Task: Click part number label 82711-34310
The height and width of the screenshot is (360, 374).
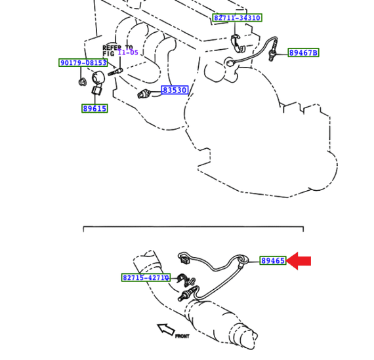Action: tap(237, 18)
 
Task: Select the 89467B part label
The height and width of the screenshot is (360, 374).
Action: tap(303, 52)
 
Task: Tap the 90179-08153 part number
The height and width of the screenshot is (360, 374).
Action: tap(83, 63)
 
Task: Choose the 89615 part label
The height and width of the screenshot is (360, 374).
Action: tap(94, 108)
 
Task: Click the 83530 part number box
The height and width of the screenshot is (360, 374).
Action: tap(175, 90)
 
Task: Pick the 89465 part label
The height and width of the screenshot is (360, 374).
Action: tap(273, 260)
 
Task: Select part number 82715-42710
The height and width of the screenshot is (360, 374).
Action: tap(146, 277)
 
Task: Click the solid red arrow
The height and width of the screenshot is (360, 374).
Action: tap(299, 261)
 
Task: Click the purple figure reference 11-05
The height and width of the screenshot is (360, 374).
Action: tap(128, 52)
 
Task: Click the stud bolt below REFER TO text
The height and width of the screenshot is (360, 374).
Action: tap(114, 70)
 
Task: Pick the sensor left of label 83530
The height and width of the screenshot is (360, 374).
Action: tap(145, 94)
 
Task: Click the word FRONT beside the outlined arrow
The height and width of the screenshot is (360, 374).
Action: tap(182, 336)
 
